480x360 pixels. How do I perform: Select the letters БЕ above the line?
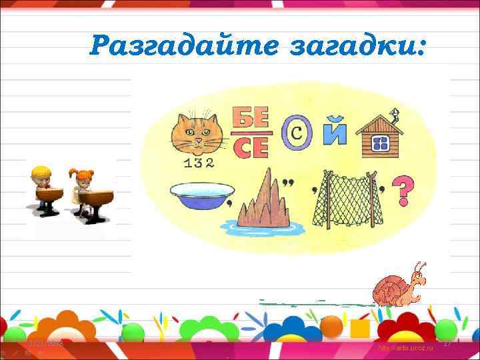(251, 119)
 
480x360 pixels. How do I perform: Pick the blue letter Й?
(335, 131)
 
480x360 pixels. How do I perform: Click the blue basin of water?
(198, 195)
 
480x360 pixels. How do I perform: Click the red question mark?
(402, 191)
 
